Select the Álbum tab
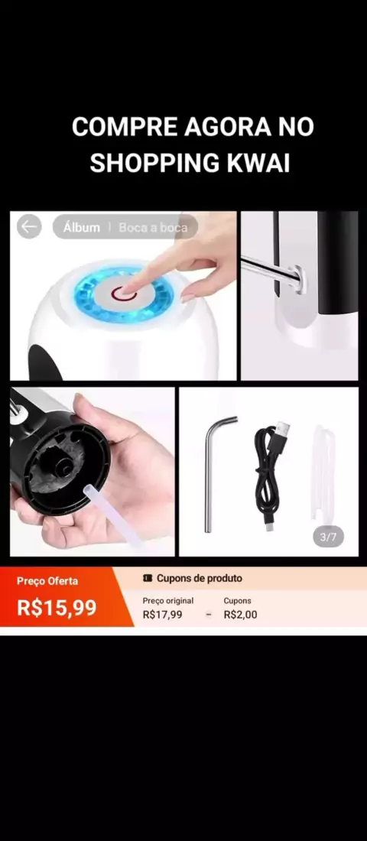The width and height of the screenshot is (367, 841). click(82, 227)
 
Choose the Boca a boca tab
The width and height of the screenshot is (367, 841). click(154, 227)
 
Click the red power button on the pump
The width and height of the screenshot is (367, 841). click(119, 293)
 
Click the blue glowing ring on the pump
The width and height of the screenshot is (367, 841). click(123, 294)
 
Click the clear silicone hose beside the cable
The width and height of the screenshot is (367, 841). click(323, 472)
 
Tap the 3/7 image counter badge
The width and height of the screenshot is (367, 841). click(328, 537)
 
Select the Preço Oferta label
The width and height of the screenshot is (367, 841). click(47, 581)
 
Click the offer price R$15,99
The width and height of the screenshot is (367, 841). click(57, 608)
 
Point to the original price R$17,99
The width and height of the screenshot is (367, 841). click(163, 615)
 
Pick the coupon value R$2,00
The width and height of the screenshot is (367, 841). click(240, 615)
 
